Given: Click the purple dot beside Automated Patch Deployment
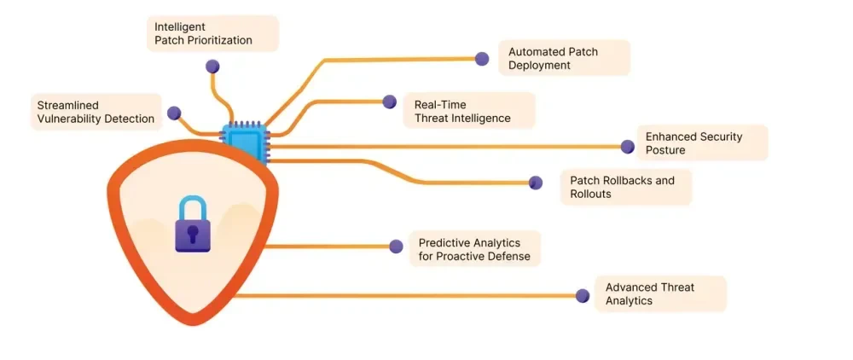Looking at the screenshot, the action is [x=482, y=59].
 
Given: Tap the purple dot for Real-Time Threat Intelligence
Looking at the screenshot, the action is [x=390, y=102].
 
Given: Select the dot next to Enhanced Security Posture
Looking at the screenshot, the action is [x=627, y=146].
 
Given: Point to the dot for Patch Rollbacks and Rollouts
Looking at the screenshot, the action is [x=536, y=183].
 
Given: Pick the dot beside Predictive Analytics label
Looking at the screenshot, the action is [x=396, y=247].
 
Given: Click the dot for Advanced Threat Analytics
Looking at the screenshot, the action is [x=582, y=296].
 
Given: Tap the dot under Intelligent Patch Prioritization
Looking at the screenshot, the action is [x=212, y=67].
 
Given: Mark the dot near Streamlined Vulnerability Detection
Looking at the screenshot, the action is [x=174, y=113].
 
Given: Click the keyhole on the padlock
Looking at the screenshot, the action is [x=193, y=234].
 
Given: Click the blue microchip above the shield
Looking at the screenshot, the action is [x=244, y=142].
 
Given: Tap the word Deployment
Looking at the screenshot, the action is [x=539, y=65].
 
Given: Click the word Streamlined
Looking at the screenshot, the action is [x=67, y=105].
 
